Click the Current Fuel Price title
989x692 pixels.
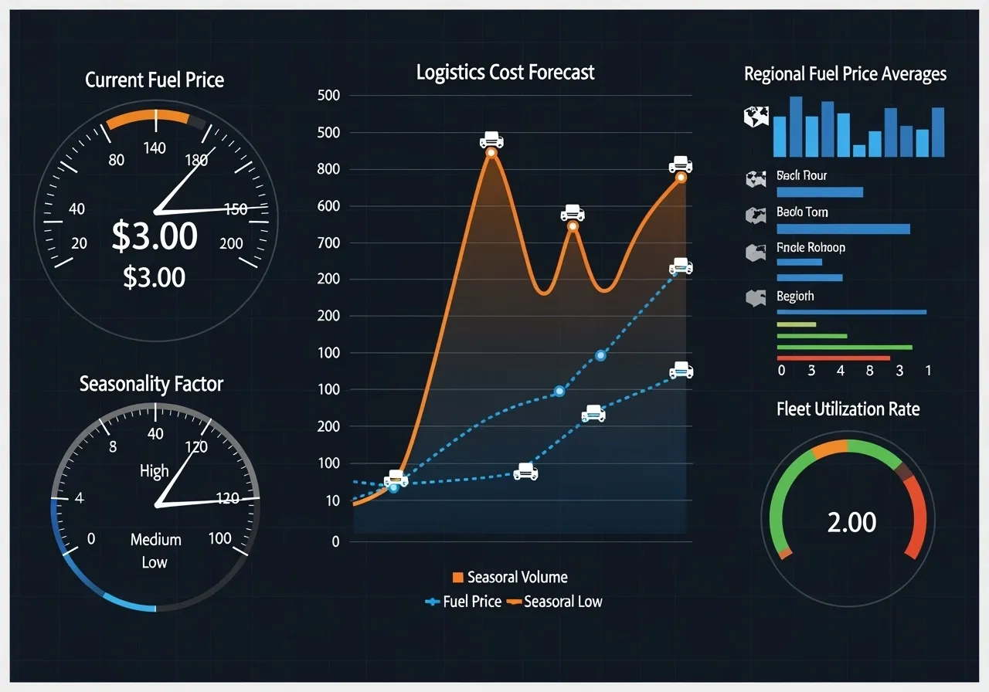(x=155, y=80)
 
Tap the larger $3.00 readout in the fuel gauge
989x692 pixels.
(x=155, y=236)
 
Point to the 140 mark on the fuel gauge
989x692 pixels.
(x=155, y=148)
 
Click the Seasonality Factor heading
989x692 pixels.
(x=151, y=384)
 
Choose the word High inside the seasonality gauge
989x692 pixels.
(x=154, y=470)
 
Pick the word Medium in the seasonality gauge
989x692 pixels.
(x=155, y=540)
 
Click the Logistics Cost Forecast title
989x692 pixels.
(x=505, y=73)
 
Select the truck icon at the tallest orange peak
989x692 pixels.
(x=491, y=140)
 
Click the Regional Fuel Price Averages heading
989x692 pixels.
(x=845, y=74)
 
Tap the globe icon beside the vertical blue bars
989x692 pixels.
(x=756, y=117)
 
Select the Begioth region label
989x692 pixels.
(x=795, y=297)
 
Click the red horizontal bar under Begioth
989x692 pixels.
(x=833, y=358)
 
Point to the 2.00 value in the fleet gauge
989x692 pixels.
(x=851, y=523)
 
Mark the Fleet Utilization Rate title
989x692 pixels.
(x=848, y=409)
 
